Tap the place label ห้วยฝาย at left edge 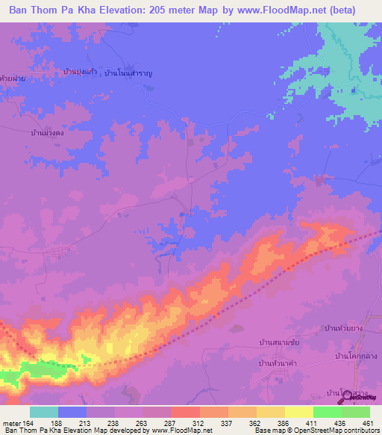click(x=13, y=78)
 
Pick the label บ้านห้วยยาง click(x=344, y=329)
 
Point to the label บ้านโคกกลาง click(x=354, y=357)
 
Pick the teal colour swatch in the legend click(x=44, y=412)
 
